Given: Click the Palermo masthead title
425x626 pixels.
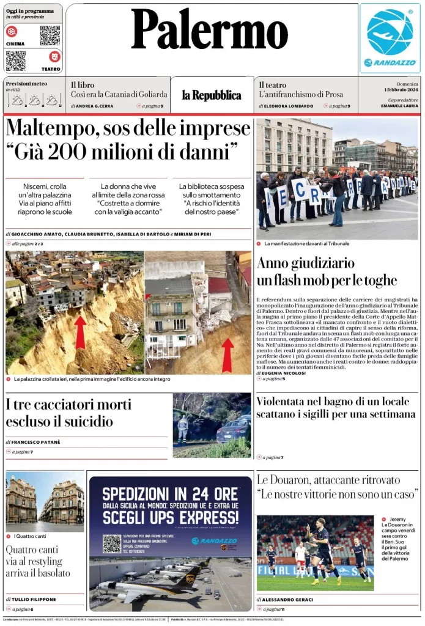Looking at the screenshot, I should click(210, 30).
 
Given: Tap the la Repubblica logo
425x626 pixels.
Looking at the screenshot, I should click(211, 95).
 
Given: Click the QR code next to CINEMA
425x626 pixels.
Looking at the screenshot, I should click(50, 35).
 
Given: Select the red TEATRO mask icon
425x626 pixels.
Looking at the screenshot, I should click(55, 56).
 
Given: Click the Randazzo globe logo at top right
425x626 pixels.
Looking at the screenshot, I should click(390, 33).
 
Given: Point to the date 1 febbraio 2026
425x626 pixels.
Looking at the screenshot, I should click(398, 90).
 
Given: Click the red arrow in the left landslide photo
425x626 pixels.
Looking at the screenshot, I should click(80, 332).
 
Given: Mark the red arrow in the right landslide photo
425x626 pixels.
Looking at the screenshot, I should click(227, 355).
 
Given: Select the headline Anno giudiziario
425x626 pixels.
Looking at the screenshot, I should click(306, 263).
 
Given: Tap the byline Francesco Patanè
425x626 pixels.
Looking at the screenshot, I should click(35, 441).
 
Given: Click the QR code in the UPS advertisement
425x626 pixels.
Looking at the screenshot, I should click(111, 543).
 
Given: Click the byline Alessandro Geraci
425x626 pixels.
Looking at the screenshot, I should click(287, 600).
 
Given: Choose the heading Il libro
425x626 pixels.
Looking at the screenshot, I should click(82, 85).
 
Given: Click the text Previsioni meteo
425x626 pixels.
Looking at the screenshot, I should click(26, 83).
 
